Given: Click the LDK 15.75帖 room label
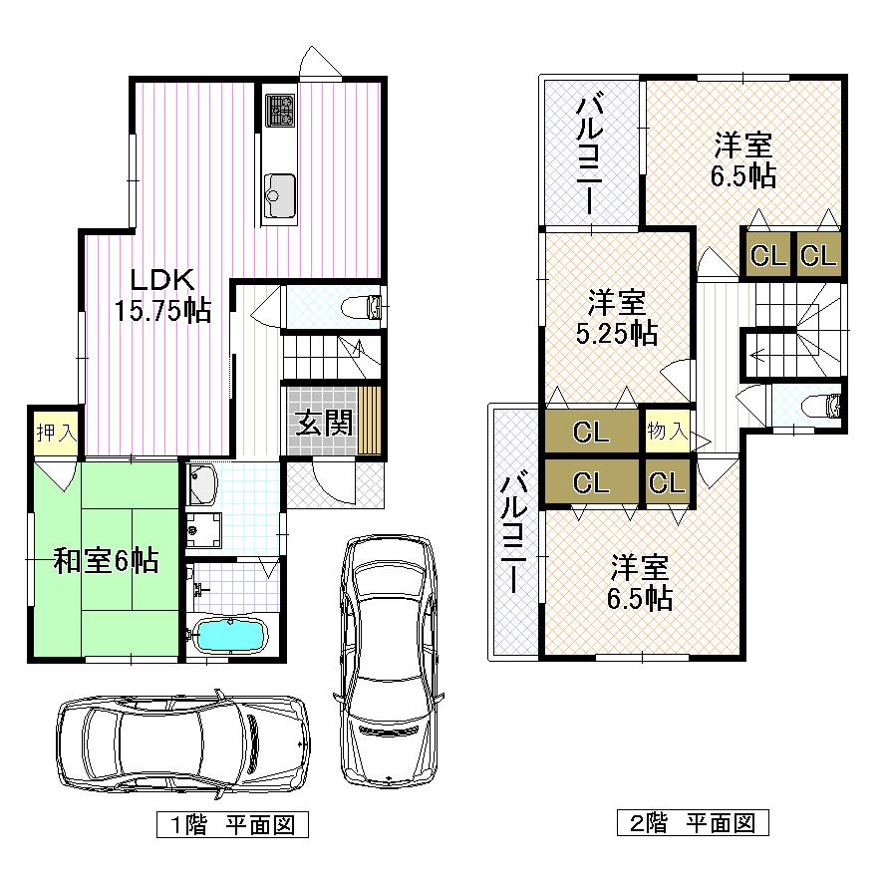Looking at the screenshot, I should click(x=161, y=295).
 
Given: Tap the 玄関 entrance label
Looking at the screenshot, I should click(x=323, y=423).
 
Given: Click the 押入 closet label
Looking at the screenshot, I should click(x=51, y=434).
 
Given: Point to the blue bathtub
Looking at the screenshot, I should click(x=228, y=634).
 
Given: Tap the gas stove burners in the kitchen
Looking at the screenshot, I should click(x=278, y=109).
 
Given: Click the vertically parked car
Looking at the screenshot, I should click(x=389, y=659).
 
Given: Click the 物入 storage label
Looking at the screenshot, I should click(x=667, y=432).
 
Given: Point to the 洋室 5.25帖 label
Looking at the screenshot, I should click(x=616, y=318).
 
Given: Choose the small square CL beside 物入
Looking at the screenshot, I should click(x=667, y=483).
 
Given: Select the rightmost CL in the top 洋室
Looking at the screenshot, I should click(x=817, y=255).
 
